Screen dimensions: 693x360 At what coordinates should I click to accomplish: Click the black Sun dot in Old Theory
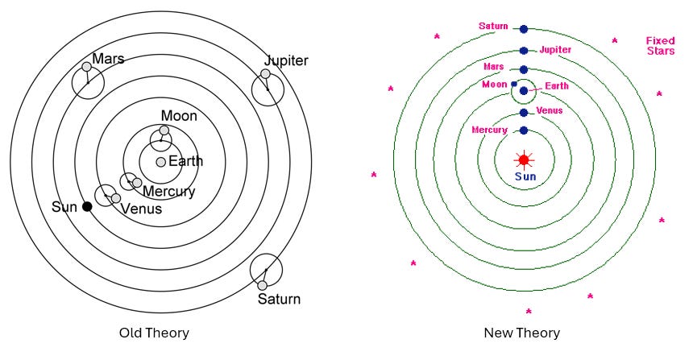tap(87, 207)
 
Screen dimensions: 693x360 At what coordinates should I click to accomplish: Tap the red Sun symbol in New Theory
tap(524, 159)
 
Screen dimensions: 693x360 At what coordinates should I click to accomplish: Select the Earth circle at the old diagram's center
tap(161, 162)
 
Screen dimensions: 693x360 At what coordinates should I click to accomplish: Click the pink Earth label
tap(556, 86)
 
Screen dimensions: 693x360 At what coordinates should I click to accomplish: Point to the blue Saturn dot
tap(524, 29)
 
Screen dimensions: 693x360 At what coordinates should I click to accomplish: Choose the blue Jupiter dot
tap(524, 50)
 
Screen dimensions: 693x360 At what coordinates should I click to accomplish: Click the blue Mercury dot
tap(524, 130)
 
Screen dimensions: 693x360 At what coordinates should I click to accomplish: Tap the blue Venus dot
tap(524, 113)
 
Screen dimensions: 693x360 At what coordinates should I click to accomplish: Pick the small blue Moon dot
tap(514, 84)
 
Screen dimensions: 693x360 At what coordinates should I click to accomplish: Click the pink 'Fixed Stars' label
tap(660, 46)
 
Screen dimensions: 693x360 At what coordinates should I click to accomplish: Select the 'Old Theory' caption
tap(154, 333)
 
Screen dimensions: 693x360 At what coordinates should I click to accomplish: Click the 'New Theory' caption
tap(521, 333)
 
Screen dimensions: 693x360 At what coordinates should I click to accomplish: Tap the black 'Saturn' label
tap(279, 300)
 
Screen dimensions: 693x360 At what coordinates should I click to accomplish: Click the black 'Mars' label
tap(108, 59)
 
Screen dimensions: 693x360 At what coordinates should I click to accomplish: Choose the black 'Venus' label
tap(141, 209)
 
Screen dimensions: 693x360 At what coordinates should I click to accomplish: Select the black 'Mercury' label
tap(168, 192)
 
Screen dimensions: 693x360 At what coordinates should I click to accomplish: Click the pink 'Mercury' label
tap(489, 130)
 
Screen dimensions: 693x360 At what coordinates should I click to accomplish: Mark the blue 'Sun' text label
tap(524, 176)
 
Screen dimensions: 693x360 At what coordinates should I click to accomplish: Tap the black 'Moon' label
tap(179, 116)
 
